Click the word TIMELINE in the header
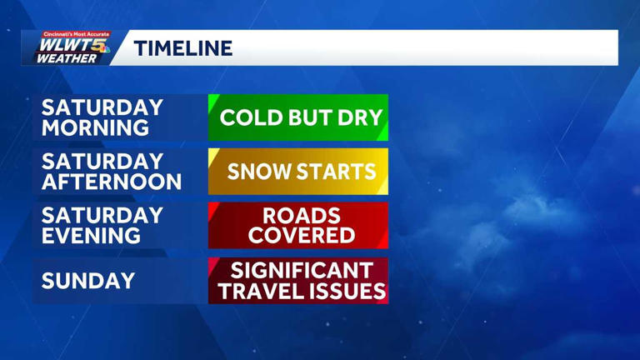(x=183, y=48)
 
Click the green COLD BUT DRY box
(x=298, y=117)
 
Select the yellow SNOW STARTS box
(x=298, y=172)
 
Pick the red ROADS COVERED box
(x=298, y=226)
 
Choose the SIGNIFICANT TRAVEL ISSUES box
(x=298, y=281)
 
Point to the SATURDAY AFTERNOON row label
(x=111, y=172)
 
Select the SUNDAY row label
(x=88, y=281)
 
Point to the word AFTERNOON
(x=111, y=182)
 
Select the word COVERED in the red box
(x=302, y=237)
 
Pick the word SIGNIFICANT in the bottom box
(x=302, y=270)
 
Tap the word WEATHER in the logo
(x=66, y=59)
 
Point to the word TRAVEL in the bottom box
(x=264, y=292)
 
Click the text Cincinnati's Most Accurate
(x=76, y=34)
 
